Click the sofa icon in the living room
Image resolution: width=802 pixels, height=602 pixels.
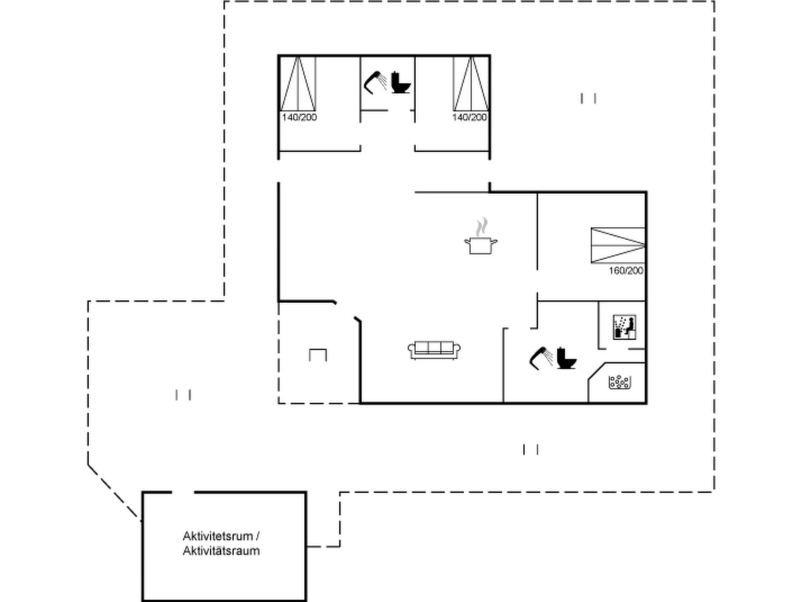click(434, 350)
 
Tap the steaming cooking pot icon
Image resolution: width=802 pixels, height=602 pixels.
click(481, 237)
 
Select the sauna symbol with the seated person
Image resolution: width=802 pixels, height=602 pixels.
click(624, 327)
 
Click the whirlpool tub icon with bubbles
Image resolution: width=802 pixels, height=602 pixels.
click(619, 382)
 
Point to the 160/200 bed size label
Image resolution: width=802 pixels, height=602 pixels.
click(626, 271)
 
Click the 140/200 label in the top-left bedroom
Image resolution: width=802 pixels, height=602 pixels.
click(299, 118)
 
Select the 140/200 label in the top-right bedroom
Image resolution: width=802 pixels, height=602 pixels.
click(469, 118)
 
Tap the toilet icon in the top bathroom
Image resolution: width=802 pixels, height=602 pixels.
click(400, 83)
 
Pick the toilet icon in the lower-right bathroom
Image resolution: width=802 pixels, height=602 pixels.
click(566, 358)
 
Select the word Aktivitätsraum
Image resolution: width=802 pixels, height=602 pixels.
click(221, 551)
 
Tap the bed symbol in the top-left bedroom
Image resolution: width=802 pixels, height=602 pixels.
click(298, 84)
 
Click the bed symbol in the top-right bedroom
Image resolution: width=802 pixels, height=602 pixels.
click(471, 84)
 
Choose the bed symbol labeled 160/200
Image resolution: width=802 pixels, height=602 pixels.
click(618, 245)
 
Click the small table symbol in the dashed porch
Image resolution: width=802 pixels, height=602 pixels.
click(318, 355)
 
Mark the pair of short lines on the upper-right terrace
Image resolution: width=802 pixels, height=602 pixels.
click(588, 98)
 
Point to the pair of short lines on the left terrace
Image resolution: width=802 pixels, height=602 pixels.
click(183, 395)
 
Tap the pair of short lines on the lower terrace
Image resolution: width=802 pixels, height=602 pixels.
click(531, 449)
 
